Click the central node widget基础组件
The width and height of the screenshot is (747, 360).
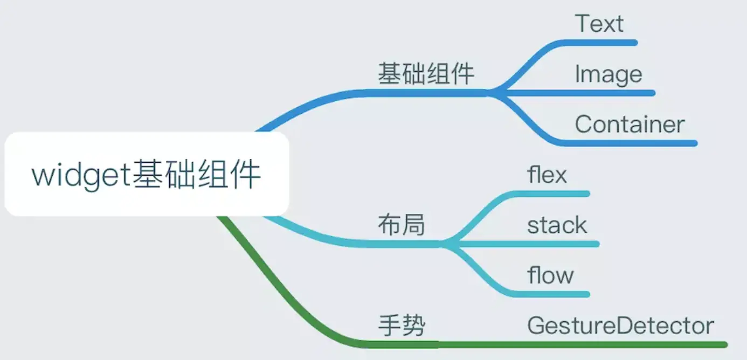(x=147, y=175)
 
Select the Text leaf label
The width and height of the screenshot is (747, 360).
(x=599, y=24)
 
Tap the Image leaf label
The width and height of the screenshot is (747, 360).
(x=608, y=74)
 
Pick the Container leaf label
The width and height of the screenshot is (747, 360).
(x=630, y=124)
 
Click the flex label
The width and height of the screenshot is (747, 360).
(x=547, y=175)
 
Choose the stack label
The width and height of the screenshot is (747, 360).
(x=557, y=225)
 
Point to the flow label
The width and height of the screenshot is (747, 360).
(x=550, y=275)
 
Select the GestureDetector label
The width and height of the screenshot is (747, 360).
(x=620, y=326)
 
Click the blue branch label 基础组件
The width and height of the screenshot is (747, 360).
(x=426, y=74)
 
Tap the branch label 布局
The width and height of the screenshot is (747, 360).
(x=402, y=225)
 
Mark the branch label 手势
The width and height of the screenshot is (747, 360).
(x=402, y=326)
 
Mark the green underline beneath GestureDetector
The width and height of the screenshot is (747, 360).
(x=620, y=344)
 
